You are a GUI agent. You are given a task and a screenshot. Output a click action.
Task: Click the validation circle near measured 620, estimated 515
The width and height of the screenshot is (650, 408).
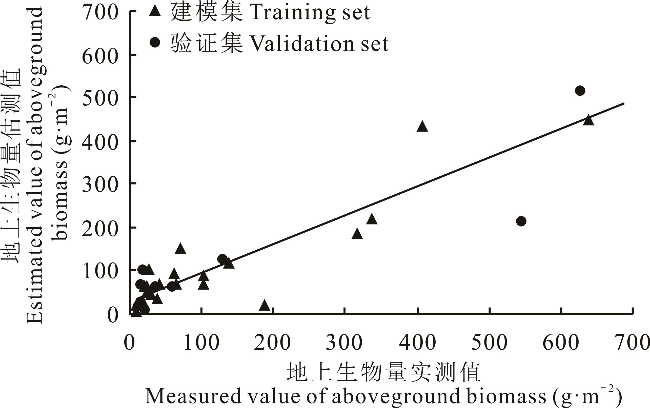click(580, 91)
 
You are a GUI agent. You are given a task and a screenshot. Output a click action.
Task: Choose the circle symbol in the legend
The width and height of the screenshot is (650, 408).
click(155, 42)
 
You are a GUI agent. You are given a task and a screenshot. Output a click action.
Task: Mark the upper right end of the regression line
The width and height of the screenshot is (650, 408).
click(624, 103)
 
